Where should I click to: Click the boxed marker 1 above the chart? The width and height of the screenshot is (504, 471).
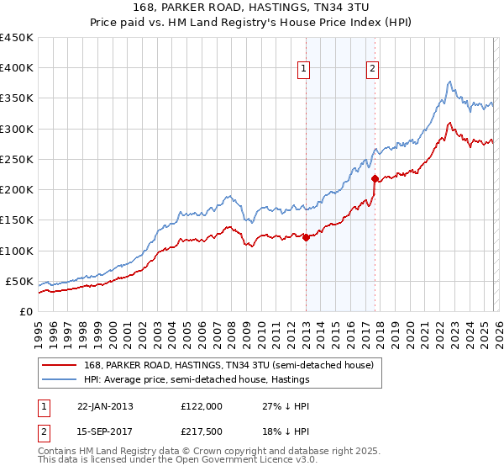tap(303, 70)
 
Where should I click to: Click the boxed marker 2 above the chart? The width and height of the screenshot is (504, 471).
tap(372, 70)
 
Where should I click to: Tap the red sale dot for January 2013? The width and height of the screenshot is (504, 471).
tap(306, 237)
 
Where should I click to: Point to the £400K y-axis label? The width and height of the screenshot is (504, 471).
tap(16, 68)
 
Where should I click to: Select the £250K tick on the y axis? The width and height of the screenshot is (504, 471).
tap(16, 159)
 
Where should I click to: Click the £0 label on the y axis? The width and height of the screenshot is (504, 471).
tap(27, 311)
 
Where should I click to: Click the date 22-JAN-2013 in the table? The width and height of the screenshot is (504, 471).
tap(105, 405)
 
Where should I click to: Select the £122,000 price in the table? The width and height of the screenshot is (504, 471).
tap(201, 405)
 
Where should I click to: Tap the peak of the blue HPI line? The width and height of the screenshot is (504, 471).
tap(450, 82)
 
